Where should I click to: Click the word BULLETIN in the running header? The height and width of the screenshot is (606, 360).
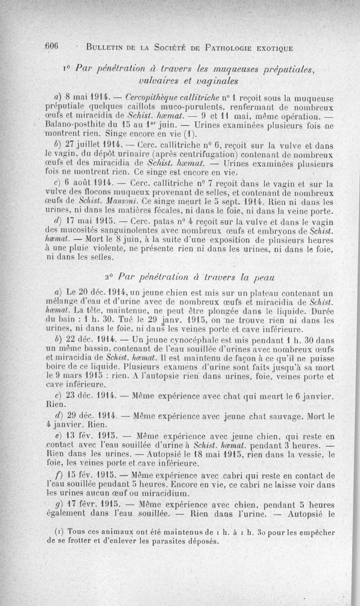(x=107, y=47)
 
